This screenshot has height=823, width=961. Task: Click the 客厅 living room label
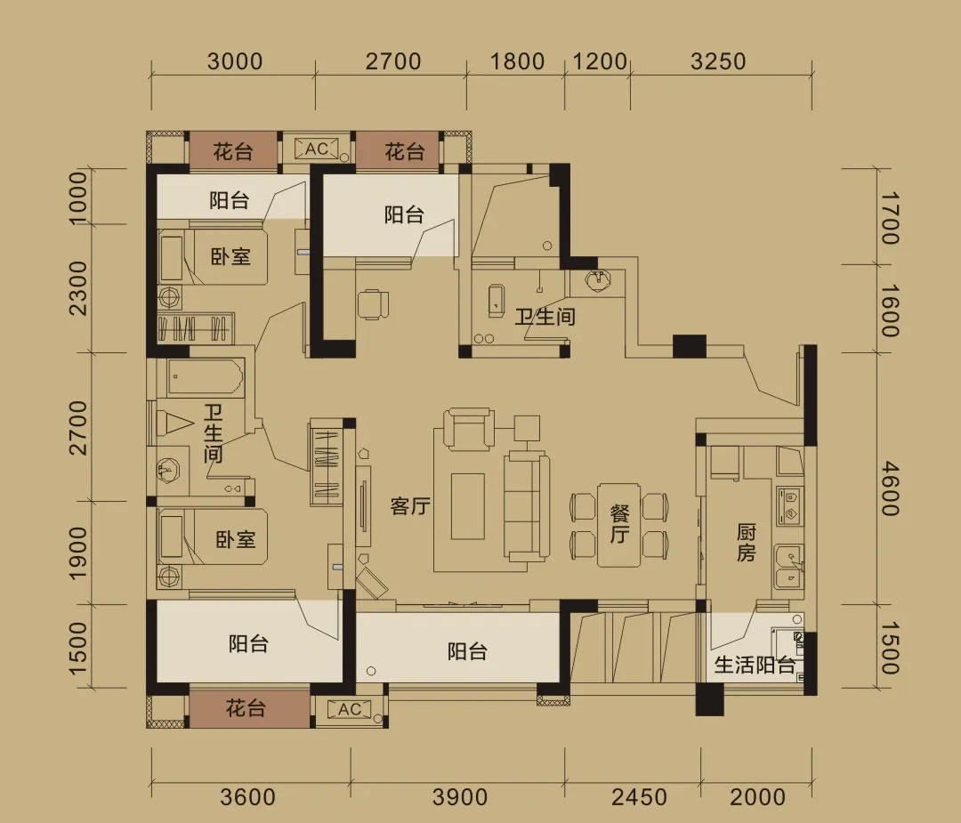(410, 507)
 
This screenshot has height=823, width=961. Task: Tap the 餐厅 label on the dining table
(619, 524)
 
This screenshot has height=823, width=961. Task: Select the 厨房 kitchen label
(746, 543)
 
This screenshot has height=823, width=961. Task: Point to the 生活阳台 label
(755, 665)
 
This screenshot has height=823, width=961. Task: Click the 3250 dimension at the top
(718, 61)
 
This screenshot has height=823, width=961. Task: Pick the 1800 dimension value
(517, 61)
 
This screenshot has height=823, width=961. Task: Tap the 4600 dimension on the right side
(889, 488)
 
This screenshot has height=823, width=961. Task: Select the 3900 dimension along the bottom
(460, 796)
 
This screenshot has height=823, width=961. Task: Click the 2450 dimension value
(639, 796)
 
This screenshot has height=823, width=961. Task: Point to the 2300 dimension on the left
(77, 288)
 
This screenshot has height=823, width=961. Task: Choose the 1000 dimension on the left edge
(77, 198)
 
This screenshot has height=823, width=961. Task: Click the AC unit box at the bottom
(350, 710)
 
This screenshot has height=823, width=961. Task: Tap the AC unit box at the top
(316, 149)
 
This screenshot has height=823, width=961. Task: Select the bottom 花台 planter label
(246, 708)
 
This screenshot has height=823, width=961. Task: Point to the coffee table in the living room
(468, 506)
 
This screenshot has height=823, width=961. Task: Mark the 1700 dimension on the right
(889, 218)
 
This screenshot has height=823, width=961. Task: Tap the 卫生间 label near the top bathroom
(545, 317)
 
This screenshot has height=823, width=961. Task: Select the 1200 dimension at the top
(600, 61)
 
